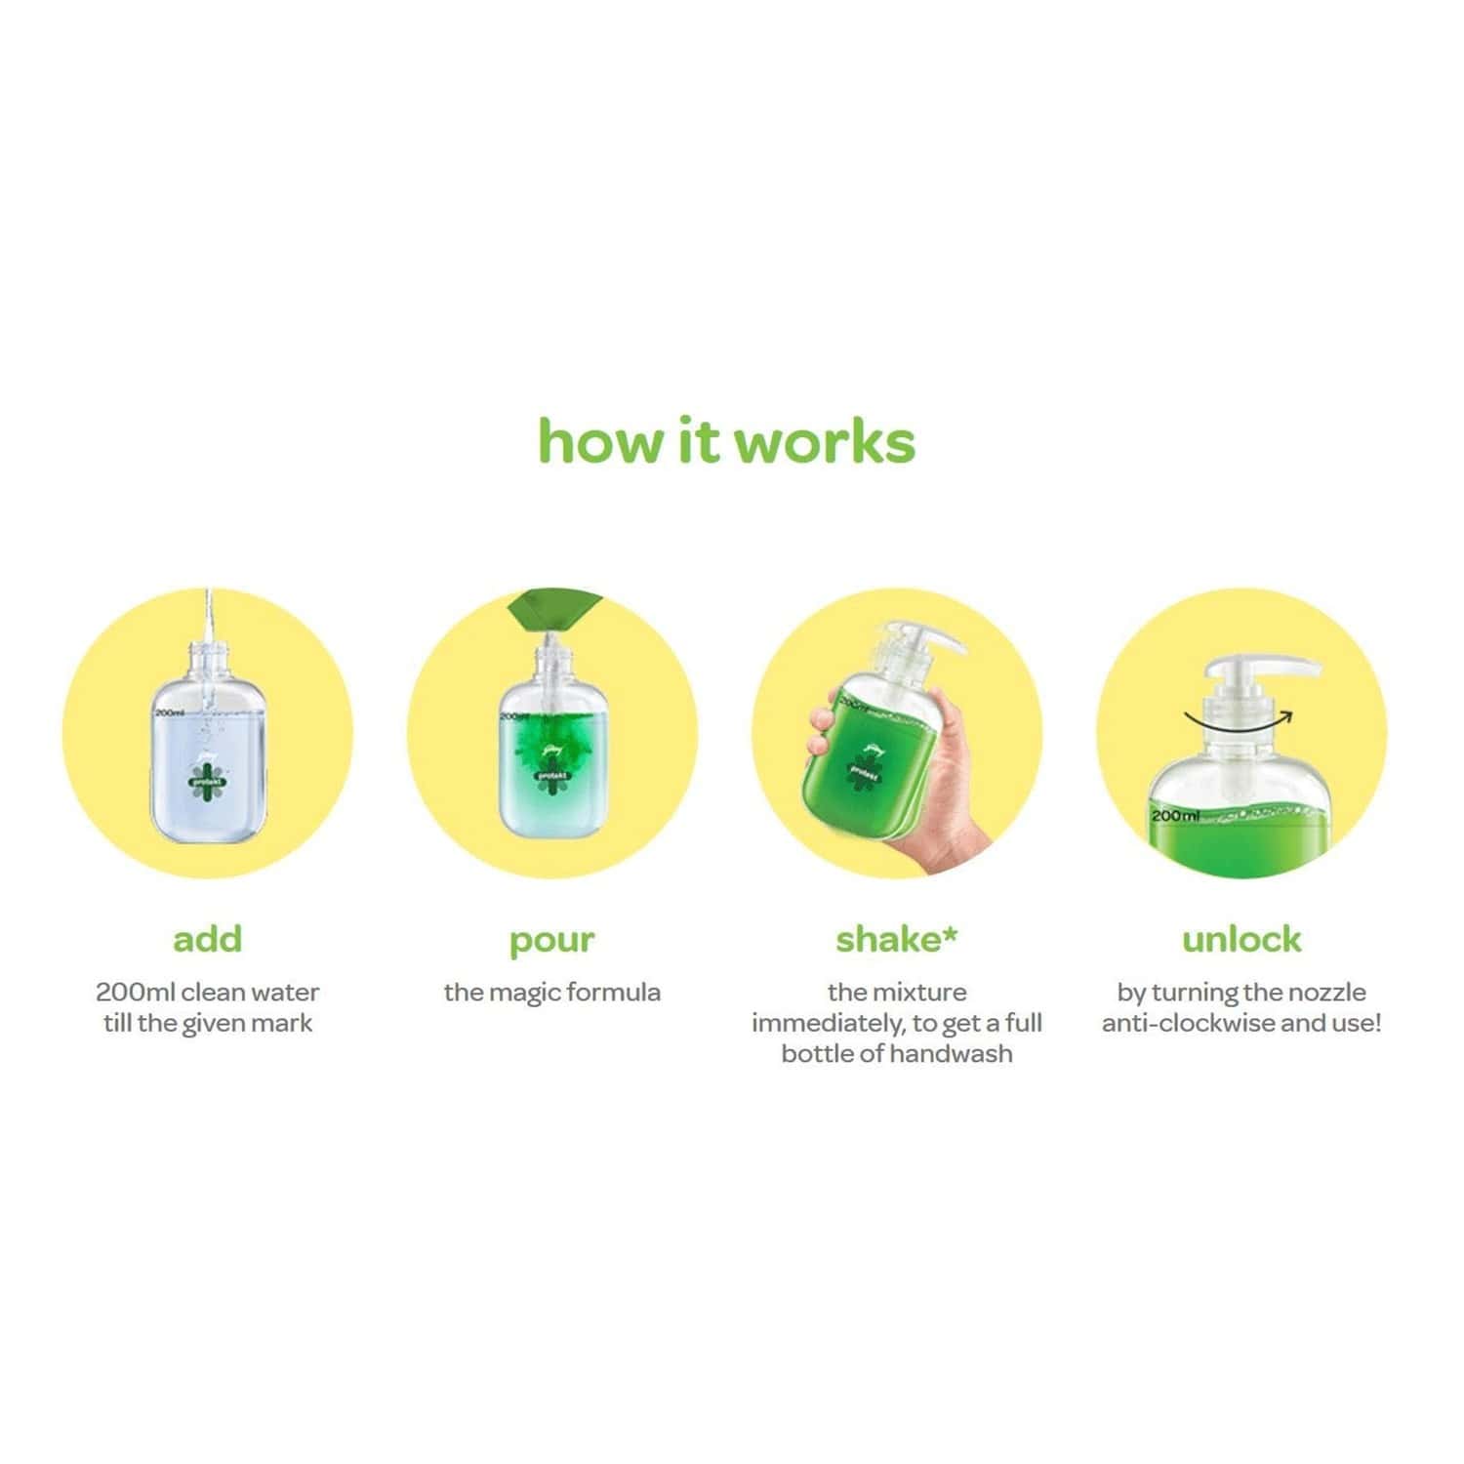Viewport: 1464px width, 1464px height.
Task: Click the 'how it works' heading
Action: click(726, 442)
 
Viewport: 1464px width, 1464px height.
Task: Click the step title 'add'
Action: click(207, 939)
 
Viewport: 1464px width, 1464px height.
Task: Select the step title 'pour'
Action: click(551, 941)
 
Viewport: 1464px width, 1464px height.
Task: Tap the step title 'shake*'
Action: click(896, 939)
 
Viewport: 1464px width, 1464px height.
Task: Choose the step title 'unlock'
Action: click(1240, 939)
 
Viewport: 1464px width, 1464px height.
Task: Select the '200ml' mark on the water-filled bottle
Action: click(170, 713)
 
